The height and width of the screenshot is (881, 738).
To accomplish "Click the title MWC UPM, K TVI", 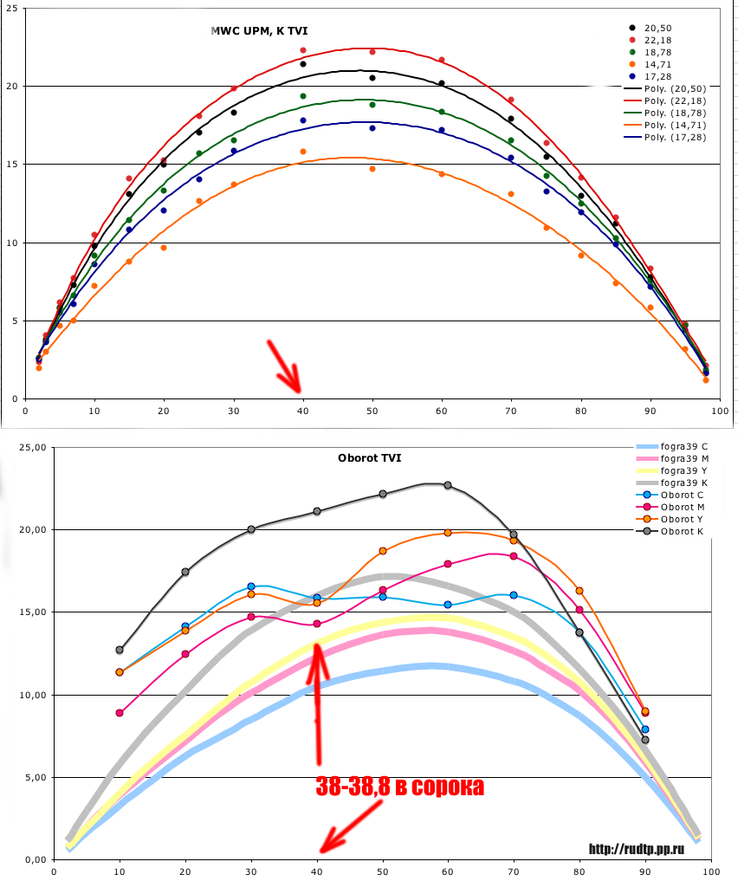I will (x=258, y=31).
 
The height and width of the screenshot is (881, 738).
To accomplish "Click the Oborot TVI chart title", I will (x=369, y=457).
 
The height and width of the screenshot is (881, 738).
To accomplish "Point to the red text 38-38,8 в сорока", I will (x=399, y=787).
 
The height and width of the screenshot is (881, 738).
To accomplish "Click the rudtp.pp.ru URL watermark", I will (x=643, y=849).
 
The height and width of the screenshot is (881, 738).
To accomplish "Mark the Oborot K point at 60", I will (x=448, y=485).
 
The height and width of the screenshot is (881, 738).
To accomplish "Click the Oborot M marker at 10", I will (x=120, y=713).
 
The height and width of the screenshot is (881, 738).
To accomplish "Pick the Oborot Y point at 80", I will (x=579, y=591).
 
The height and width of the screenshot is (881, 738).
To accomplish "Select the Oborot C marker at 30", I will (x=251, y=586).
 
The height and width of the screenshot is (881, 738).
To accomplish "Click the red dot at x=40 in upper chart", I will (x=303, y=50).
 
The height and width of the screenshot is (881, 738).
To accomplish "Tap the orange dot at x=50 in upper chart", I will (x=372, y=169).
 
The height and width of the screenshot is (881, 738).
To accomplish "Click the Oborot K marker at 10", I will (x=120, y=650).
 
